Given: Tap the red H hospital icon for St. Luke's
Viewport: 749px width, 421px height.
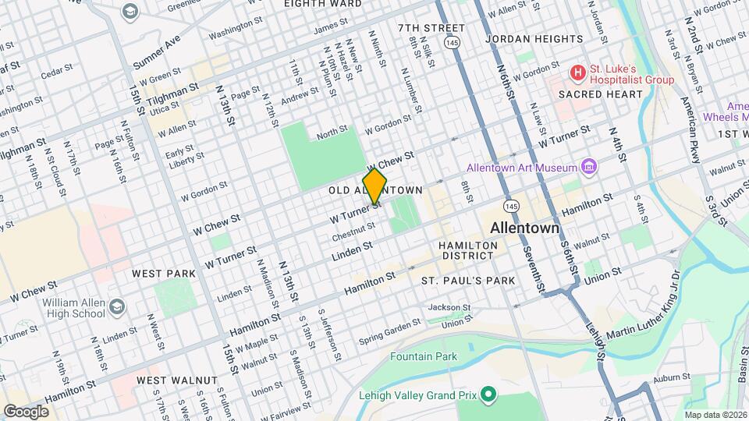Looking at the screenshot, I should pos(577,73).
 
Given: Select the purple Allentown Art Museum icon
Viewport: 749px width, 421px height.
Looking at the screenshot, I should pos(589,168).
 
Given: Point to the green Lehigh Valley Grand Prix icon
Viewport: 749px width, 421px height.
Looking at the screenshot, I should pos(488,394).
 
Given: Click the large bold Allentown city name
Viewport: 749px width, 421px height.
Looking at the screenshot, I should pos(524,228).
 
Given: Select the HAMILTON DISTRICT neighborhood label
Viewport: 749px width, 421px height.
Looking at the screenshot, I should pos(468,251).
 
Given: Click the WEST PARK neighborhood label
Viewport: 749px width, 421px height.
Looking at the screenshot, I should pos(163,274).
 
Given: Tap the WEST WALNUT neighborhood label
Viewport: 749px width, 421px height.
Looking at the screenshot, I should pos(176,380).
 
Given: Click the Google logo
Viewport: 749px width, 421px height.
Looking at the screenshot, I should pos(26,411).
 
